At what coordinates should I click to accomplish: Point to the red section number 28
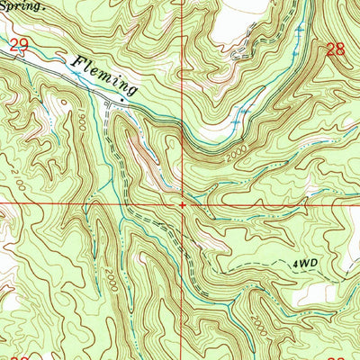(335, 50)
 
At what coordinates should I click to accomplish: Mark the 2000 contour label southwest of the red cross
(109, 275)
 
